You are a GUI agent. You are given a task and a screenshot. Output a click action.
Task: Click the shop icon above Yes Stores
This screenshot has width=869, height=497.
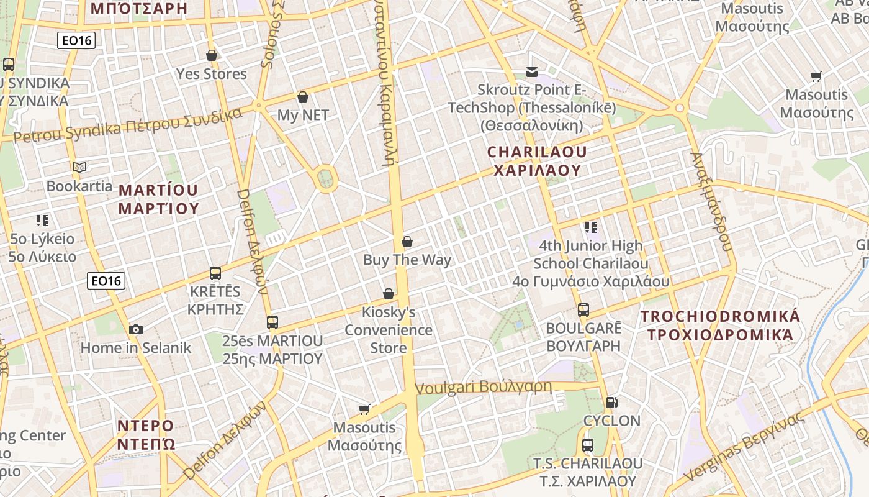pyautogui.click(x=212, y=55)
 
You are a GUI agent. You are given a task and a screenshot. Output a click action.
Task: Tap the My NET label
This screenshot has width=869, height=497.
pyautogui.click(x=303, y=115)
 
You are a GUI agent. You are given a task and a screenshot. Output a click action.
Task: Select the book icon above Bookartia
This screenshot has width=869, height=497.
pyautogui.click(x=79, y=167)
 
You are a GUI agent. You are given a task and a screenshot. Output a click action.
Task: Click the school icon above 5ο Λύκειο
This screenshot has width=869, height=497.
pyautogui.click(x=42, y=220)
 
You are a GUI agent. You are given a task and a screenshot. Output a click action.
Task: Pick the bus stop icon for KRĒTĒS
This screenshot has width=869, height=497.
pyautogui.click(x=215, y=273)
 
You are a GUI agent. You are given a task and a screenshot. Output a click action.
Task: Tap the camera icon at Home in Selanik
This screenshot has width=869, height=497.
pyautogui.click(x=136, y=329)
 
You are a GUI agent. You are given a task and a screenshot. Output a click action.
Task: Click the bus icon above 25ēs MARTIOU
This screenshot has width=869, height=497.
pyautogui.click(x=272, y=322)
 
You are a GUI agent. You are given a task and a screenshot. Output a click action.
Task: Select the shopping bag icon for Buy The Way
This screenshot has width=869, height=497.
pyautogui.click(x=407, y=242)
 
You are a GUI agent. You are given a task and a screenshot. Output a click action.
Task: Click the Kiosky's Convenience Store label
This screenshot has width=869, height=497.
pyautogui.click(x=389, y=330)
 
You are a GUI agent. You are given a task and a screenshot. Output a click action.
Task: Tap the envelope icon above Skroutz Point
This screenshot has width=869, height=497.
pyautogui.click(x=532, y=72)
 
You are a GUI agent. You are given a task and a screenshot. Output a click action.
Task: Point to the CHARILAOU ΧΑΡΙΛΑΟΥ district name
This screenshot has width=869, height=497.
pyautogui.click(x=537, y=161)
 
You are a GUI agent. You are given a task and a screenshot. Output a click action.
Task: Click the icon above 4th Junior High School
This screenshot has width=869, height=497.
pyautogui.click(x=590, y=227)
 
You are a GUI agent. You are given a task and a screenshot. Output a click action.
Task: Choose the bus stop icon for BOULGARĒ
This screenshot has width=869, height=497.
pyautogui.click(x=583, y=309)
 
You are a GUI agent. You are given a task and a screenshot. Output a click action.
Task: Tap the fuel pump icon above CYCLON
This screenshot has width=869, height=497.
pyautogui.click(x=611, y=403)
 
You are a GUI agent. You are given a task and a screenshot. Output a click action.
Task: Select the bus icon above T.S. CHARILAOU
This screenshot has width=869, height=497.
pyautogui.click(x=588, y=445)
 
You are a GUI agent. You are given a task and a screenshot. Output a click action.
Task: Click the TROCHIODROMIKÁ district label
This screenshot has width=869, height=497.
pyautogui.click(x=720, y=326)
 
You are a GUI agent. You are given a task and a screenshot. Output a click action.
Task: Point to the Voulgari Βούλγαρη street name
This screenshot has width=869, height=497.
pyautogui.click(x=483, y=387)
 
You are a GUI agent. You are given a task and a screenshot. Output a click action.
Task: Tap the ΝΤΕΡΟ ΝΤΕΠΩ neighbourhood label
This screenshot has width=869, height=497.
pyautogui.click(x=146, y=435)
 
